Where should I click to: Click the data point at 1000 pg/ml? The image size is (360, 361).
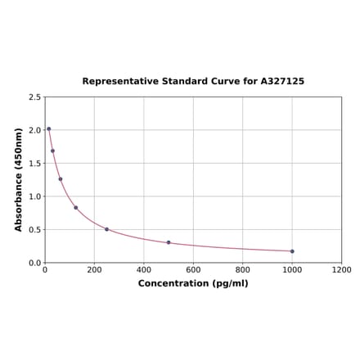coord(292,251)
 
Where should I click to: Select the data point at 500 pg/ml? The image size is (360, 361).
coord(169,242)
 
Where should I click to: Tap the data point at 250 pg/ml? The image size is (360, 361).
coord(106,229)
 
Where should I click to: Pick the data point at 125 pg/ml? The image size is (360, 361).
coord(76,207)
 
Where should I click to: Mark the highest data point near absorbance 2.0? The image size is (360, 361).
coord(48,129)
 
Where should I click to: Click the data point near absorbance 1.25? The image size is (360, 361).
coord(60,179)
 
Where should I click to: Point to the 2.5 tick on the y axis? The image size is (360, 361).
coord(35,97)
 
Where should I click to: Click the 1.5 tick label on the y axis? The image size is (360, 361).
coord(35,164)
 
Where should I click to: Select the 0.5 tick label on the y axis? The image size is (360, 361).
coord(35,230)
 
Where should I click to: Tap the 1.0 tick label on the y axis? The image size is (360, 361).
coord(35,196)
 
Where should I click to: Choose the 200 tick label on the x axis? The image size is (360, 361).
coord(94,269)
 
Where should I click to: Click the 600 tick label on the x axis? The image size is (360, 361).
coord(193,269)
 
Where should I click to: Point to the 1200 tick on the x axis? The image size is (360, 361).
coord(341,269)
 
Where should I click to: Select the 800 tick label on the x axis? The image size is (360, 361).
coord(243,269)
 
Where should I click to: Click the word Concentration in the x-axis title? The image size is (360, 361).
coord(173,283)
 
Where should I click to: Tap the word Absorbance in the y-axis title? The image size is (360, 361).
coord(19,190)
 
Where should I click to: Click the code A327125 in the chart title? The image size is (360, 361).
coord(282,82)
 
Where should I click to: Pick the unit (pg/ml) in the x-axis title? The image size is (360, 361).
coord(230,283)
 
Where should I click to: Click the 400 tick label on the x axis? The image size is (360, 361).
coord(144,269)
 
